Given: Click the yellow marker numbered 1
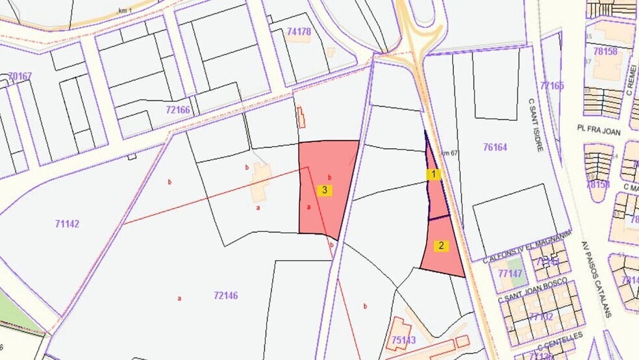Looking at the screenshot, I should tap(433, 174).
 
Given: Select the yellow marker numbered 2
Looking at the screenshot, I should tap(442, 246).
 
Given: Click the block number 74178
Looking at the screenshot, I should tap(299, 31).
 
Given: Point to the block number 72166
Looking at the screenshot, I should tap(178, 110).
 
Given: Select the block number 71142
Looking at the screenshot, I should tap(67, 224).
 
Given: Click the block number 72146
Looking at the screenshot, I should tap(225, 296).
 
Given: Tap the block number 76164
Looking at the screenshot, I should tap(495, 148).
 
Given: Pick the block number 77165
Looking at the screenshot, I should tap(552, 85).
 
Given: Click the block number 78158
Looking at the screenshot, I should tap(605, 51).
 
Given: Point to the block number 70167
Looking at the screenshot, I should tap(20, 76).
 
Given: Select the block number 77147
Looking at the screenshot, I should tap(510, 274).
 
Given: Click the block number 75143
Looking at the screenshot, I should tap(404, 339).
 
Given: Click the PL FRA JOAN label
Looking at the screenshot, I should tap(599, 131).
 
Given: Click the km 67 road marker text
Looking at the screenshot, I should tap(450, 153).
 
